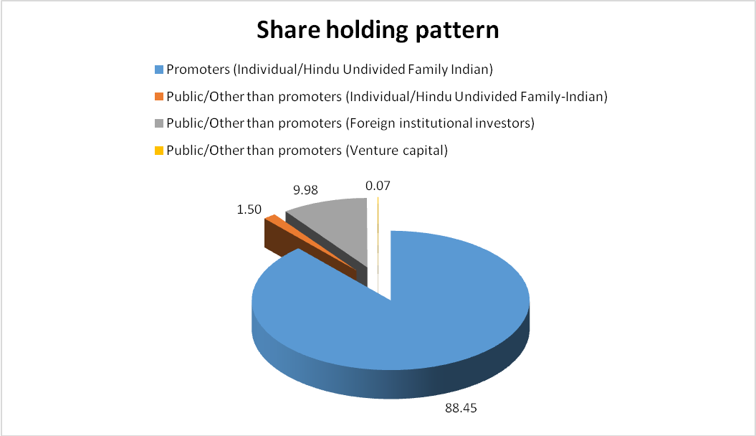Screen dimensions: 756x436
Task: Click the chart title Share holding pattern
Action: pos(378,30)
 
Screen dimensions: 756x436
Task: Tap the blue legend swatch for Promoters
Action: pos(159,70)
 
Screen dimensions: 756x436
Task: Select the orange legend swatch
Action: pos(159,97)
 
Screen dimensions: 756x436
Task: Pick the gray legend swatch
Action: pos(159,123)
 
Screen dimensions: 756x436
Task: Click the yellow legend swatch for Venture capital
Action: pos(159,151)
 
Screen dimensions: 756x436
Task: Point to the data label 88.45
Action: pos(461,408)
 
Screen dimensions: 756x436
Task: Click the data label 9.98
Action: pos(306,190)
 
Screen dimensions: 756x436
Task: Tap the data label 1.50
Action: pos(249,209)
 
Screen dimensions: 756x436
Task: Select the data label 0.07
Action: pos(378,186)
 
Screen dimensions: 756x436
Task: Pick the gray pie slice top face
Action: pos(338,227)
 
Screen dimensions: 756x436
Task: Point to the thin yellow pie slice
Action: pos(378,241)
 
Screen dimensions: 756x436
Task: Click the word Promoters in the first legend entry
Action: pos(198,70)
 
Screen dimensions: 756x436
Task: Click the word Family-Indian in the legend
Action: pos(564,97)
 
